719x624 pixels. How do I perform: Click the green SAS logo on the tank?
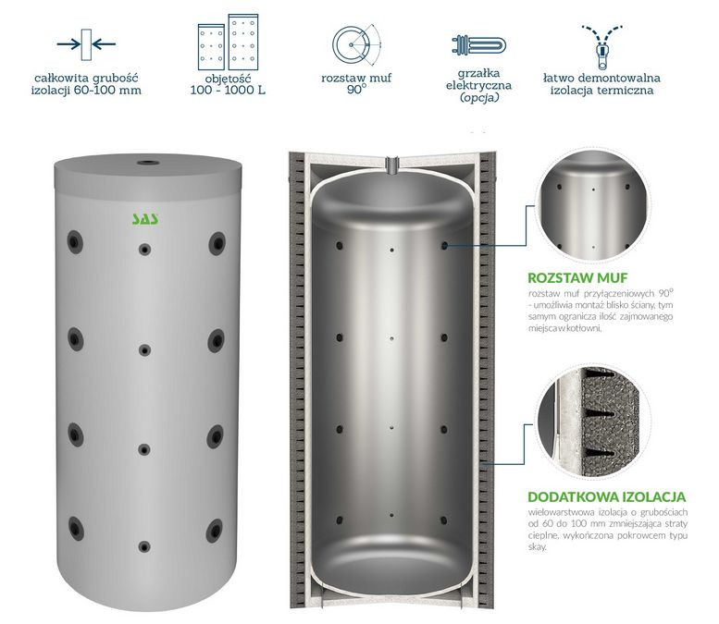tap(145, 218)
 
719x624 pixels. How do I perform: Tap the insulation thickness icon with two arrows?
tap(86, 44)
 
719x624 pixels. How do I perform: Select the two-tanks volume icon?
tap(228, 43)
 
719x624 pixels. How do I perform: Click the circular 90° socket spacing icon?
tap(356, 44)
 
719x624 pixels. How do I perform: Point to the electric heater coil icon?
tap(478, 46)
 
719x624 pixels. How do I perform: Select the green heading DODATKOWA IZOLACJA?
tap(607, 496)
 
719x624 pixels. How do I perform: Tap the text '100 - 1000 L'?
tap(228, 91)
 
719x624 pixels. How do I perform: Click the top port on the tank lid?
tap(148, 163)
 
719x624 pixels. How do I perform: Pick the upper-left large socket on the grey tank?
tap(75, 241)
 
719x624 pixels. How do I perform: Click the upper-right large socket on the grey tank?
tap(217, 243)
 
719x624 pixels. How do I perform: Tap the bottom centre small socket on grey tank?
tap(144, 546)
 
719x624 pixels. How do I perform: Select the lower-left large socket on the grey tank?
tap(76, 528)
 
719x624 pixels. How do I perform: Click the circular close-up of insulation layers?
tap(593, 421)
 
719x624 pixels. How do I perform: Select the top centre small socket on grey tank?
tap(145, 250)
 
